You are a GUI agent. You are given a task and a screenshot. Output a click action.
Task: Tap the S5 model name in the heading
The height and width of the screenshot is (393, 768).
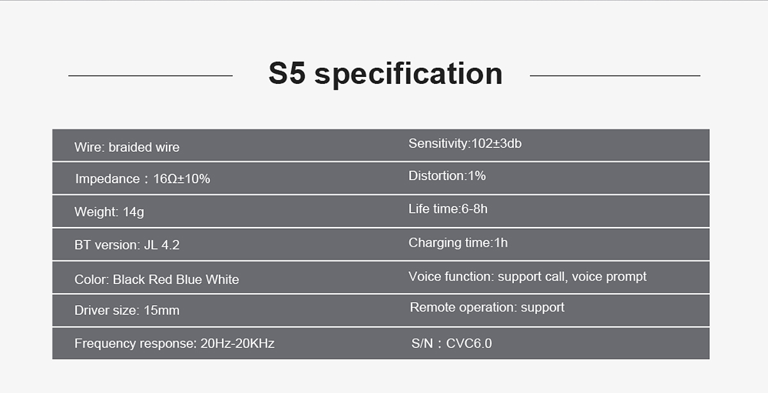pos(287,73)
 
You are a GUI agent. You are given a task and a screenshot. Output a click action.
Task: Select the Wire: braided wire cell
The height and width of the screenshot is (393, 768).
pos(127,147)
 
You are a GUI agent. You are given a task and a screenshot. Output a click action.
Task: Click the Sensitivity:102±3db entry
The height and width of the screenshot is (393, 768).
pos(465,143)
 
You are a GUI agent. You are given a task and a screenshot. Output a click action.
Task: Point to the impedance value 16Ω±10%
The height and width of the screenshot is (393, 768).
pos(181,179)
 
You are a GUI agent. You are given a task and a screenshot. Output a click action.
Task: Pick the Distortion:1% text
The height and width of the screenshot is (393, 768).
pos(447,176)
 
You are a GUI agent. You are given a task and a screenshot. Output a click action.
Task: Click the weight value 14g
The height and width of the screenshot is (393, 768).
pos(133,212)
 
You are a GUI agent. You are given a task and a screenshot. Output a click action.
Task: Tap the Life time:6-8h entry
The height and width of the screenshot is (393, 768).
pos(448,208)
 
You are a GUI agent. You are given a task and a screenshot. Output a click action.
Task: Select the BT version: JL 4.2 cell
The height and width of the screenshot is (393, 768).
pos(127,245)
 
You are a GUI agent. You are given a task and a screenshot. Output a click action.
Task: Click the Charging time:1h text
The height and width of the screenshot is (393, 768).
pos(458,243)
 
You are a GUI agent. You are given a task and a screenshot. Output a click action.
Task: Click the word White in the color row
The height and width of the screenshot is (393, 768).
pos(222,280)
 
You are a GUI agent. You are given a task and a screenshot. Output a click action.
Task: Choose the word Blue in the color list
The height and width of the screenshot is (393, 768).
pos(189,280)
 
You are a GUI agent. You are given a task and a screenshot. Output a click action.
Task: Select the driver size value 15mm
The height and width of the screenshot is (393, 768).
pos(161,310)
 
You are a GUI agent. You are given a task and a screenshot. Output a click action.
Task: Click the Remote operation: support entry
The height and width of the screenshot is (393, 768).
pos(487,308)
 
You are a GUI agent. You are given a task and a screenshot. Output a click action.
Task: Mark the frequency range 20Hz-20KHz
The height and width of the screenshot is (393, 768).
pos(237,343)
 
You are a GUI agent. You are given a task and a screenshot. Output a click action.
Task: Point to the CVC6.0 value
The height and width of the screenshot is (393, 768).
pos(468,343)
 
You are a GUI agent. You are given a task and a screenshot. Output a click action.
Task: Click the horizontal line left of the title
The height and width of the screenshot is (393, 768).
pos(150,76)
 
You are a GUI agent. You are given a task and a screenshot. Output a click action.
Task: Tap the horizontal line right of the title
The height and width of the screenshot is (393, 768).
pos(615,76)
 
